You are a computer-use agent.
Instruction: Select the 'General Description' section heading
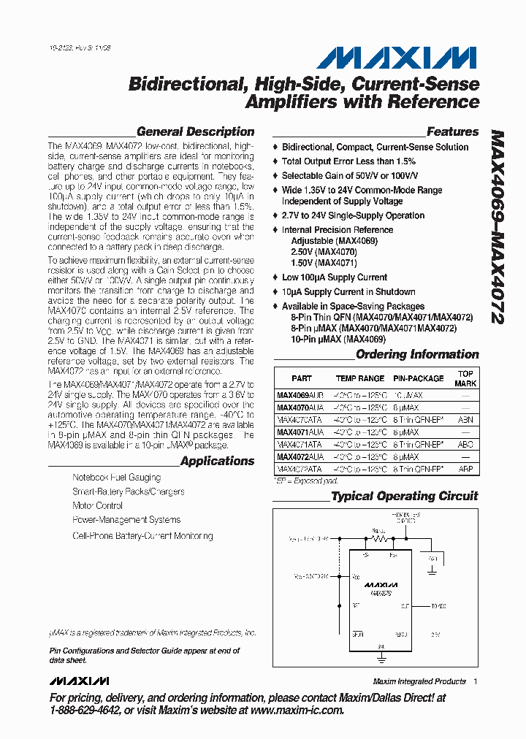(x=195, y=132)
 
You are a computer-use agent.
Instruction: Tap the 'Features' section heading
(x=452, y=132)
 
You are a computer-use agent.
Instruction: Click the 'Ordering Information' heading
(x=416, y=354)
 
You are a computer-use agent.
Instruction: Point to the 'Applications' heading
(x=217, y=461)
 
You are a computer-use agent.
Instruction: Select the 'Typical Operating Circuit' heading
(x=404, y=496)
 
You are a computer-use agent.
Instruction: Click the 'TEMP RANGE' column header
(x=359, y=378)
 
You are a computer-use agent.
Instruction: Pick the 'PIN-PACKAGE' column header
(x=418, y=378)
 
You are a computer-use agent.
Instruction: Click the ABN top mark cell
(x=465, y=420)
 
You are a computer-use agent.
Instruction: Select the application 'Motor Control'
(x=98, y=505)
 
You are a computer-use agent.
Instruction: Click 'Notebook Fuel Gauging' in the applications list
(x=116, y=477)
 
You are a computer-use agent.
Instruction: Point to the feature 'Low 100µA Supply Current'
(x=335, y=277)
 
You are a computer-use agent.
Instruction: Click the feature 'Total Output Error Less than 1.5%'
(x=348, y=161)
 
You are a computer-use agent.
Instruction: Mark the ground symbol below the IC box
(x=381, y=658)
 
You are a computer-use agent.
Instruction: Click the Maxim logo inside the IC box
(x=381, y=585)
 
